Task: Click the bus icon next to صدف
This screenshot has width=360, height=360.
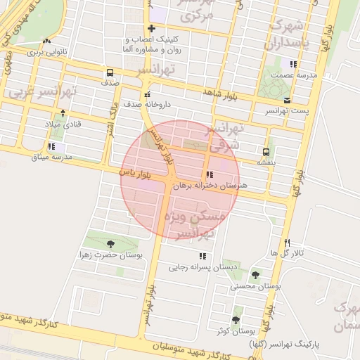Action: (x=110, y=72)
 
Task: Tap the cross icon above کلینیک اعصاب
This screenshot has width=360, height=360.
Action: (x=151, y=29)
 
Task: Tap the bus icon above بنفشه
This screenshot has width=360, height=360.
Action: (x=266, y=151)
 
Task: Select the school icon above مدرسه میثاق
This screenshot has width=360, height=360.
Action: (x=51, y=146)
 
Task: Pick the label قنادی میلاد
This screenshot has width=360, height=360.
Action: (x=64, y=124)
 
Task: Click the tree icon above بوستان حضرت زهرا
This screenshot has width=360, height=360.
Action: (x=110, y=244)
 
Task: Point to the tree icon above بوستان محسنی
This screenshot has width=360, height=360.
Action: (x=255, y=275)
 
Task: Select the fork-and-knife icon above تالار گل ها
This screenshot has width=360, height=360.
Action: (x=287, y=243)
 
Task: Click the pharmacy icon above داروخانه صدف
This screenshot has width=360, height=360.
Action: (x=147, y=94)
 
